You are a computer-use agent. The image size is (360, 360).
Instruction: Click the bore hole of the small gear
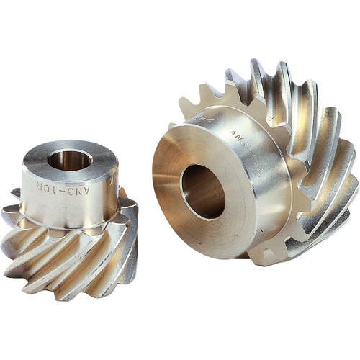[x=69, y=158]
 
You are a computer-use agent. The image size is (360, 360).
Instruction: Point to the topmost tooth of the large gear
[x=256, y=72]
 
